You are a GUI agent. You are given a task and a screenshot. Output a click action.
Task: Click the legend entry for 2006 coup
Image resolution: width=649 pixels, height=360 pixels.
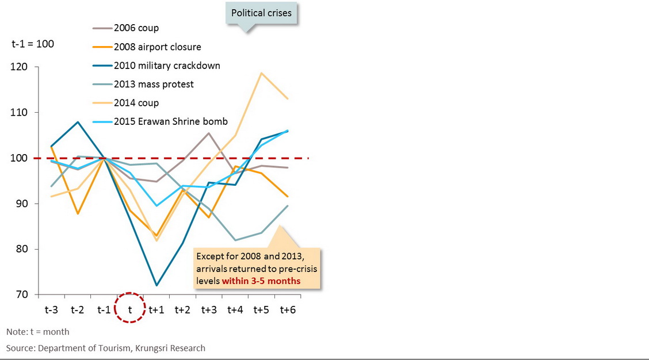click(x=136, y=28)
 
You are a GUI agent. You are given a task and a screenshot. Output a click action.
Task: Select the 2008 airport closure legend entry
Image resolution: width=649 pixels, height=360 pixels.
click(x=157, y=47)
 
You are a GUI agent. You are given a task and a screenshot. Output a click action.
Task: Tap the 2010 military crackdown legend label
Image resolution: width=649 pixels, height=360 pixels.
click(x=167, y=66)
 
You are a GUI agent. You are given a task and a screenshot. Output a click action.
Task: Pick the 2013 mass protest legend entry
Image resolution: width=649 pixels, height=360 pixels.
click(x=154, y=84)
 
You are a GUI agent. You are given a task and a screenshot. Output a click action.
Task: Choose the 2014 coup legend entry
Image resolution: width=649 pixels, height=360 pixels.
click(x=136, y=103)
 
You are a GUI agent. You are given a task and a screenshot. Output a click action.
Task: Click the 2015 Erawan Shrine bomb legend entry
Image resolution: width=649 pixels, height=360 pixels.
click(x=170, y=121)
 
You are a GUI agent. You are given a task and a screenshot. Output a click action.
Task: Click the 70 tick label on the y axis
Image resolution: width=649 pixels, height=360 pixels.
click(x=22, y=295)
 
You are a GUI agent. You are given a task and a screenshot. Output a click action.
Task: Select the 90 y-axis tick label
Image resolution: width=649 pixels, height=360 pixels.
click(x=22, y=204)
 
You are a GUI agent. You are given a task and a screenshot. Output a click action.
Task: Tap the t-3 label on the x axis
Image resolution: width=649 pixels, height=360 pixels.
click(x=51, y=309)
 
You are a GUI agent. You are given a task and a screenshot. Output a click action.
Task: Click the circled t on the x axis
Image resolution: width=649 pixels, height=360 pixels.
click(x=130, y=309)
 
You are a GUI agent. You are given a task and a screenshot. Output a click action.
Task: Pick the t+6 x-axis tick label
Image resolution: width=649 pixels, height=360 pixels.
click(x=288, y=309)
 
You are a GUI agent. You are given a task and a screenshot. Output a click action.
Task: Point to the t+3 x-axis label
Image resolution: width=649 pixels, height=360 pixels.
click(x=209, y=309)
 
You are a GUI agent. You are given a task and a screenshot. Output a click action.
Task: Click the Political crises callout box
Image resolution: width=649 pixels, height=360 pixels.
click(x=261, y=13)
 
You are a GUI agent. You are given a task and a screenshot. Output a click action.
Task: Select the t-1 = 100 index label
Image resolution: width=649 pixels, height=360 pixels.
click(x=33, y=44)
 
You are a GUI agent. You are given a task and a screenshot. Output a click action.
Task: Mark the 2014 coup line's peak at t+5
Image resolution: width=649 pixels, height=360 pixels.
click(x=262, y=73)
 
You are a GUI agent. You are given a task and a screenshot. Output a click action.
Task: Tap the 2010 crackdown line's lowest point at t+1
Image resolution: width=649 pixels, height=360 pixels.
click(x=156, y=285)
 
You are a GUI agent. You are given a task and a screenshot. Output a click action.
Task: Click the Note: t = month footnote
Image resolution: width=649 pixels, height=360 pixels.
click(x=38, y=332)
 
